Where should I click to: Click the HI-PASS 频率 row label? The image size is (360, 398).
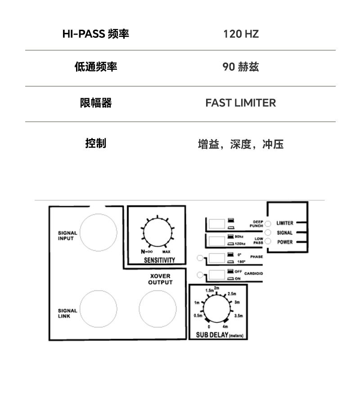tap(95, 34)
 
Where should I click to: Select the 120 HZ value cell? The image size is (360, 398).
tap(241, 34)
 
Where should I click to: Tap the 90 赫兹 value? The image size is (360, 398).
tap(241, 67)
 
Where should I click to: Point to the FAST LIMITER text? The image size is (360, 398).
tap(241, 103)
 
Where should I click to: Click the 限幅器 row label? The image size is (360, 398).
tap(95, 103)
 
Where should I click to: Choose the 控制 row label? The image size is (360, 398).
tap(95, 143)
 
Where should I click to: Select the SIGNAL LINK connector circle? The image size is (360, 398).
tap(98, 309)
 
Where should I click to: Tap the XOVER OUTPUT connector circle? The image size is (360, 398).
tap(157, 309)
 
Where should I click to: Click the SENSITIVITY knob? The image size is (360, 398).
tap(157, 233)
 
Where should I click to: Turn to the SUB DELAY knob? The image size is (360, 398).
tap(217, 309)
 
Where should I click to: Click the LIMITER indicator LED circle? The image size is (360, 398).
tap(268, 224)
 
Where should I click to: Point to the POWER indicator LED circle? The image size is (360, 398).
tap(268, 242)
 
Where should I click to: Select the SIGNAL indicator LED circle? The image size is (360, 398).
tap(268, 233)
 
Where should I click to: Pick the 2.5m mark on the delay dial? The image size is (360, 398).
tap(232, 294)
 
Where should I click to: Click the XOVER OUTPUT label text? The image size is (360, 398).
tap(160, 279)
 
